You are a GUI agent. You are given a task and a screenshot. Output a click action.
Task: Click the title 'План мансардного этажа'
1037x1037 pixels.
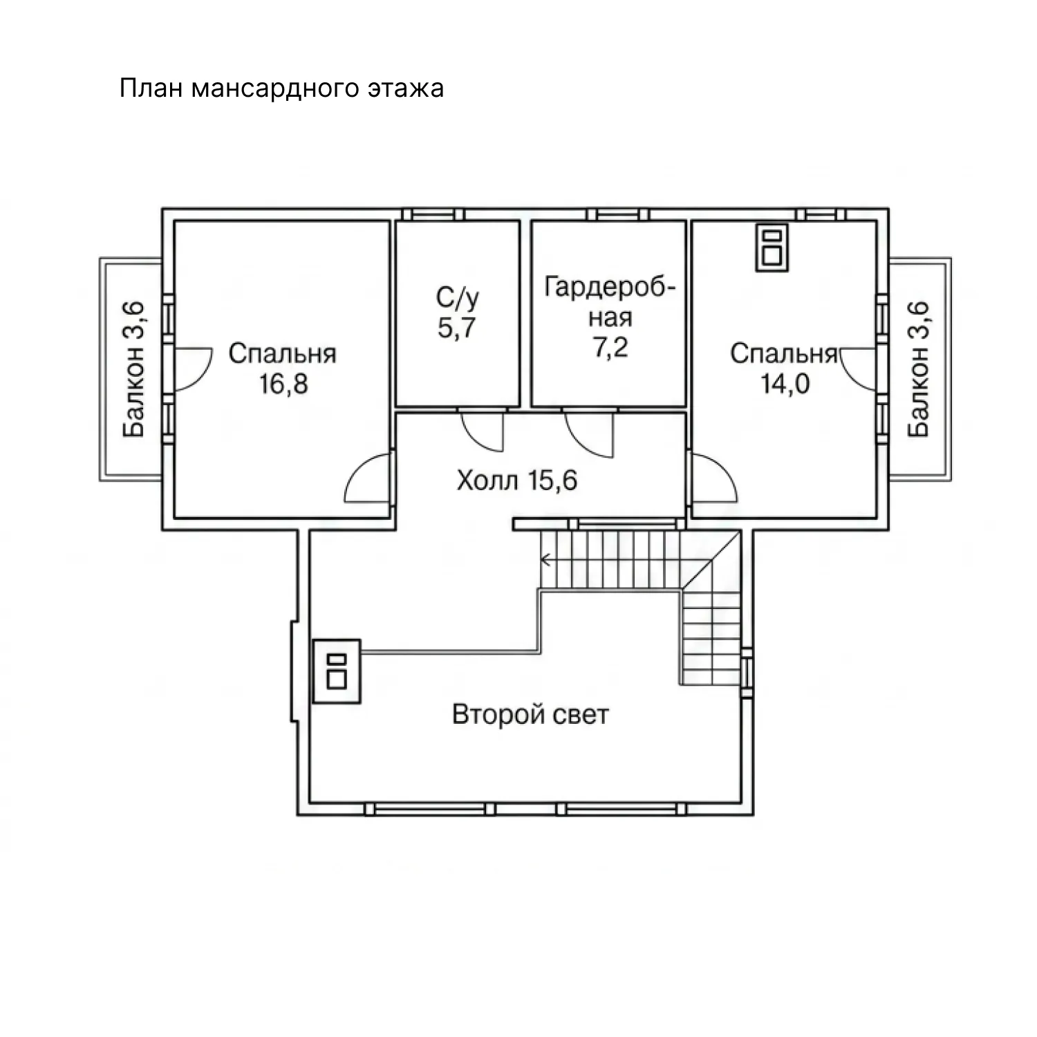[x=281, y=89]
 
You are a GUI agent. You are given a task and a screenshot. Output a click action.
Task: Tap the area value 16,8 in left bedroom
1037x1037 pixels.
[x=283, y=384]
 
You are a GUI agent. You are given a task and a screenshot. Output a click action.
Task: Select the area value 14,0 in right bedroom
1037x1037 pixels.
[x=785, y=384]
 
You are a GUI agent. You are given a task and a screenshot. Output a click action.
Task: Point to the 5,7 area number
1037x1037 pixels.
[x=457, y=327]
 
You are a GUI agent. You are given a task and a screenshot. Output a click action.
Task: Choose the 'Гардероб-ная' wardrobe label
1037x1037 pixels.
[x=610, y=302]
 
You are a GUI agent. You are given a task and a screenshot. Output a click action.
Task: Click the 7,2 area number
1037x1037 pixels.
[x=611, y=346]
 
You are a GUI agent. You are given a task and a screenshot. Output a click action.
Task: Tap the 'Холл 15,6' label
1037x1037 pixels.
[x=516, y=480]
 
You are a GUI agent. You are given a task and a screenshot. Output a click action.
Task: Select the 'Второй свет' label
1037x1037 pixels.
[x=530, y=714]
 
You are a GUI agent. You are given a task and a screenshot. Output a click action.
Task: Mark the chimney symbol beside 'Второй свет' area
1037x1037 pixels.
[x=337, y=671]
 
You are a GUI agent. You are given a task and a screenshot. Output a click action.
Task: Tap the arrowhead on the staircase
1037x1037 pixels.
[x=545, y=559]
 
